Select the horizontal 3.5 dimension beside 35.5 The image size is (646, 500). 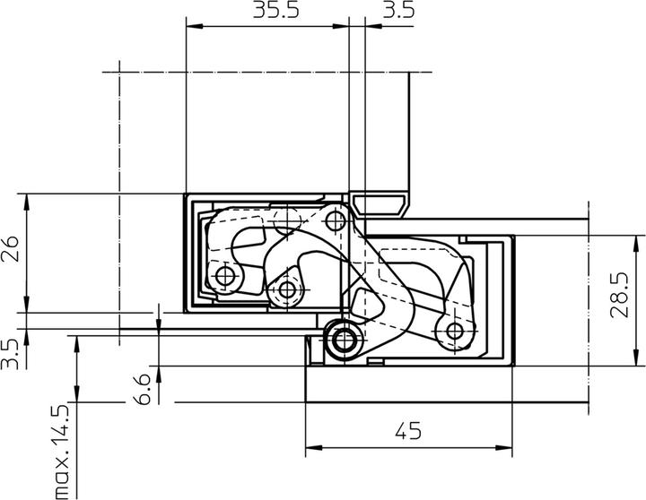(x=397, y=12)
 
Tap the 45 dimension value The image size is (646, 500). (x=407, y=432)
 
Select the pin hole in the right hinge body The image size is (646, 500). (x=453, y=332)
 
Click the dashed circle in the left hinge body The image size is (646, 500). (x=286, y=218)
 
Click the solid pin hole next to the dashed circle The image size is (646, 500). (x=336, y=220)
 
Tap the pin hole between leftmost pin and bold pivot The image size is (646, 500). (x=287, y=289)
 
